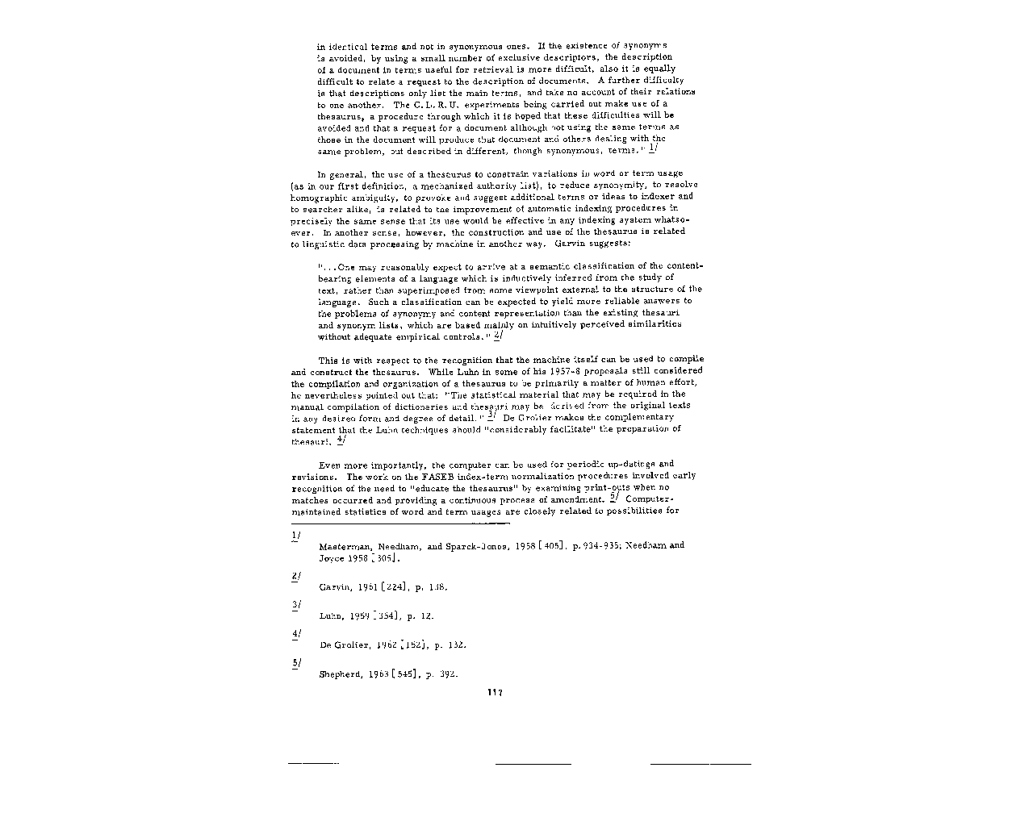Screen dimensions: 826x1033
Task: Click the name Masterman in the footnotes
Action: [x=344, y=546]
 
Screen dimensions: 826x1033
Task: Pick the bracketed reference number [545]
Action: [x=404, y=674]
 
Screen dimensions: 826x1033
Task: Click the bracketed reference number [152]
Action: [x=413, y=645]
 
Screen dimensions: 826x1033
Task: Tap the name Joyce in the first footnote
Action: [x=332, y=558]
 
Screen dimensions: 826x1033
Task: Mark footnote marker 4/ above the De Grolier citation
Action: [x=296, y=634]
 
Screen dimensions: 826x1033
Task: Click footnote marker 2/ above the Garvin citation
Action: [x=296, y=576]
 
